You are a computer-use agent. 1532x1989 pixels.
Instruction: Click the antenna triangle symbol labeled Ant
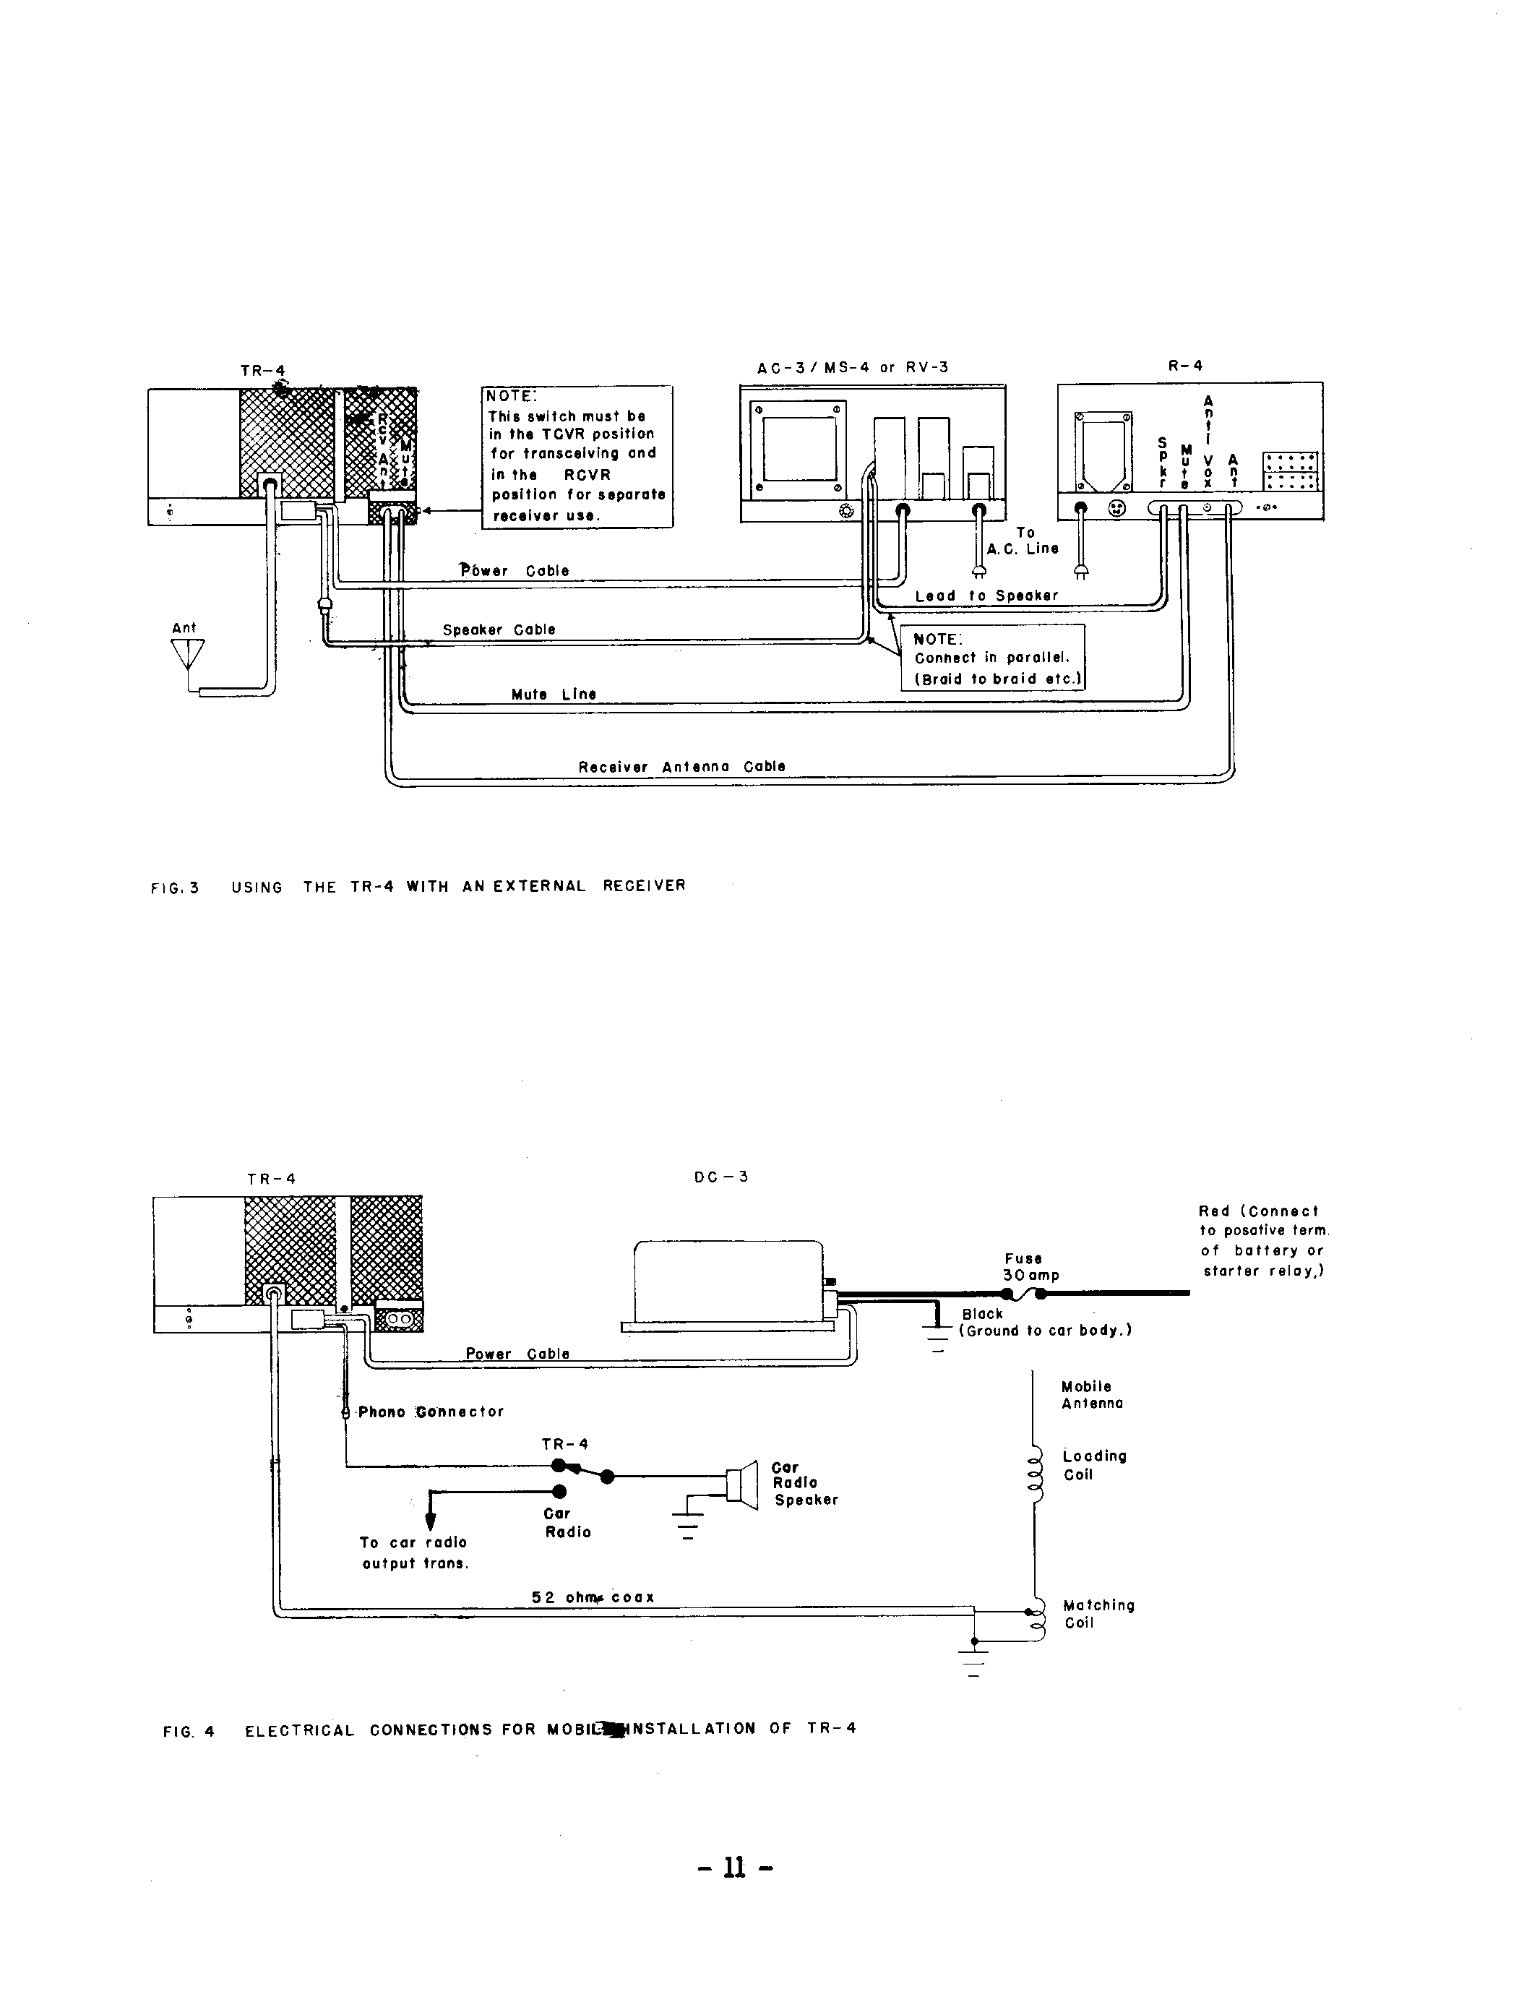[188, 654]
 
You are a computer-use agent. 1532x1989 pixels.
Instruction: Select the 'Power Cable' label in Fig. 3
[515, 571]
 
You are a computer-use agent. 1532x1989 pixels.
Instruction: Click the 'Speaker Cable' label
[499, 630]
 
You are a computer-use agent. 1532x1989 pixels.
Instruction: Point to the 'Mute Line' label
[554, 694]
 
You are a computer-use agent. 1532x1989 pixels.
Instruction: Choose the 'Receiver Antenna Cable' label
[681, 767]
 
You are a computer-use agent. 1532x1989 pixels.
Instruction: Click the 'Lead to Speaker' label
[986, 596]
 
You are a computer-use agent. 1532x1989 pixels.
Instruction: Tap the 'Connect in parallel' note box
[993, 658]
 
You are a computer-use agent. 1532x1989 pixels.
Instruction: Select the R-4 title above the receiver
[1185, 365]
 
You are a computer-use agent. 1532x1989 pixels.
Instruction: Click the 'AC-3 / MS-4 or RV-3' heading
[853, 367]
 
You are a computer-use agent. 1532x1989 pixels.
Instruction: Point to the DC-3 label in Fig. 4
[720, 1177]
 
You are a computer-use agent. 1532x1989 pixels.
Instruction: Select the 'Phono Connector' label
[430, 1412]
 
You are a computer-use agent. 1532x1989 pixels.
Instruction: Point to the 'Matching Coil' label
[1098, 1613]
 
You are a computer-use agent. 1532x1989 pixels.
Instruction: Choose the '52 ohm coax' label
[593, 1597]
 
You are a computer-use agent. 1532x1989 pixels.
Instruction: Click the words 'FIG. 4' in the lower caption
[189, 1731]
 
